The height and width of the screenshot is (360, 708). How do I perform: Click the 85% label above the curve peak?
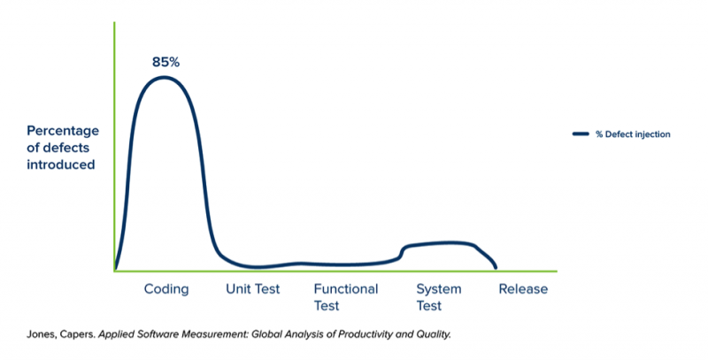[165, 62]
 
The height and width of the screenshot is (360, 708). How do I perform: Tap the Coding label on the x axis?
[166, 289]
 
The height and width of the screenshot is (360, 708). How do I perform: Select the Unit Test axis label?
[253, 288]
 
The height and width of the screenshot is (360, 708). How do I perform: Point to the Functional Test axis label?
[346, 297]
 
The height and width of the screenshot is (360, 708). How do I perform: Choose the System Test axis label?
[439, 297]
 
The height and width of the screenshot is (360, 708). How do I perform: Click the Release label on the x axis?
[523, 288]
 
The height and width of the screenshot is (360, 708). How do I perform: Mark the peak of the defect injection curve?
[164, 77]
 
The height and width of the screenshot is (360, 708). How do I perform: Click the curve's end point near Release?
[496, 268]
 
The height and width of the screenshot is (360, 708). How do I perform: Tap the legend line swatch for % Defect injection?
[581, 134]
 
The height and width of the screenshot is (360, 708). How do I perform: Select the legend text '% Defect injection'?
[633, 134]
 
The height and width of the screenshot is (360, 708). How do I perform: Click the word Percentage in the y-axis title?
[63, 131]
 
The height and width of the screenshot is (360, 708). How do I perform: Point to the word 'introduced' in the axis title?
[60, 165]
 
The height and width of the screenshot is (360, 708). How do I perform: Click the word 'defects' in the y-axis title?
[69, 148]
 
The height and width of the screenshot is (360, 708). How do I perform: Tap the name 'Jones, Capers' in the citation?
[61, 334]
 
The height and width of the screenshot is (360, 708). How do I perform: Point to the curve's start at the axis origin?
[116, 269]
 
